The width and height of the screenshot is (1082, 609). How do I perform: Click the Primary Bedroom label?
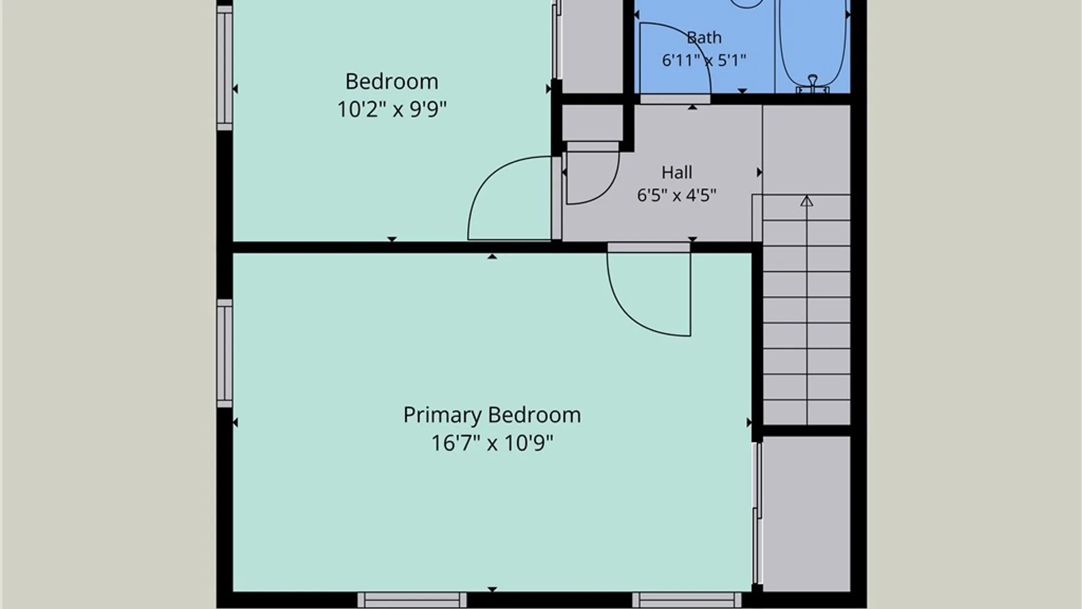[x=492, y=416]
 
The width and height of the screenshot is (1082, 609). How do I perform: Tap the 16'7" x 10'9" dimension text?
[x=492, y=443]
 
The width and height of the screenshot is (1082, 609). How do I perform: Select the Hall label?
[x=677, y=172]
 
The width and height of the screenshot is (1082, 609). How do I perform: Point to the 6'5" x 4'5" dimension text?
[x=677, y=195]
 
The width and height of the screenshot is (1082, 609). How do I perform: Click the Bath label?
[x=704, y=38]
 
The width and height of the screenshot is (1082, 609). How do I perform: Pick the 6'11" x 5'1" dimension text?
[x=704, y=60]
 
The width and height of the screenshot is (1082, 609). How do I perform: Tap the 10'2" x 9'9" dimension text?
[x=392, y=109]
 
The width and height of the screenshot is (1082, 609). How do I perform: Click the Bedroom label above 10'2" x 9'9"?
[x=392, y=82]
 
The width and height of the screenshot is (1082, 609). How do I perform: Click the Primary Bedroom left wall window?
[x=224, y=354]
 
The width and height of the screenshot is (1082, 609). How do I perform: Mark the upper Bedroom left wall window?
[x=224, y=68]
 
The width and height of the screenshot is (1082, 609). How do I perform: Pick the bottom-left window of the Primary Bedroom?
[x=412, y=600]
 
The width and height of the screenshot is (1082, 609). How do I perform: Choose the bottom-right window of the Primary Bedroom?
[x=687, y=600]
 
